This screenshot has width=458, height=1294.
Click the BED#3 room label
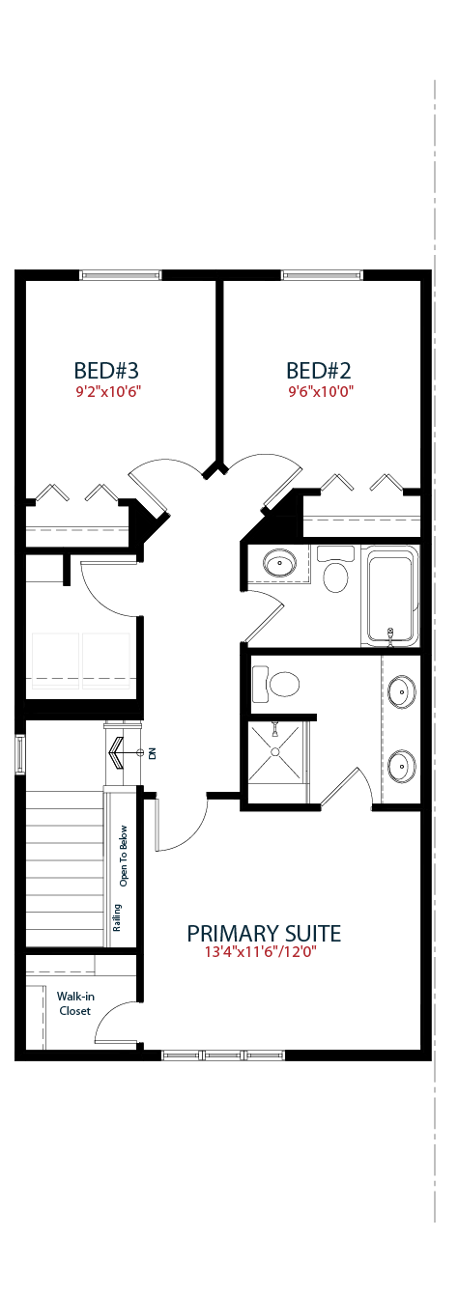(106, 370)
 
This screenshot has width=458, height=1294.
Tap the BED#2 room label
(319, 370)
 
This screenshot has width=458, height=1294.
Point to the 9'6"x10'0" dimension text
(321, 392)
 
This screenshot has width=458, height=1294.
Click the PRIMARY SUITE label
(264, 933)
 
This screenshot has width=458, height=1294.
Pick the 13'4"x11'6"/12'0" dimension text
(261, 952)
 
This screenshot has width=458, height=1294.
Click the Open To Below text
(124, 856)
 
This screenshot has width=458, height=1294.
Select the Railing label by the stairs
(117, 917)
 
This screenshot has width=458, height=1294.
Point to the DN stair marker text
(153, 753)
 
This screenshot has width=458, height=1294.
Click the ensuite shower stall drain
(275, 751)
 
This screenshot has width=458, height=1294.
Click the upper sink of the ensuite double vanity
(401, 690)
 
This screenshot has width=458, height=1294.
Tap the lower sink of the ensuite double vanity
(401, 766)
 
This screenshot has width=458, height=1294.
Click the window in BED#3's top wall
(120, 275)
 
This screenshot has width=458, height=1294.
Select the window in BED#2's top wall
(322, 275)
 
